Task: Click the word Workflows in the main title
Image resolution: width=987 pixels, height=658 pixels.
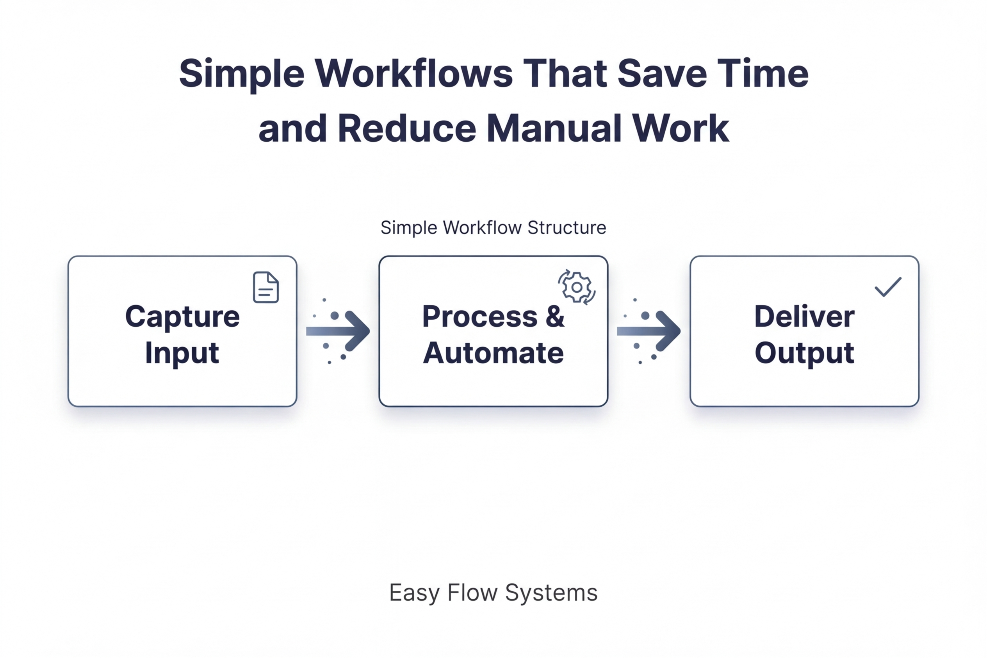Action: [x=413, y=73]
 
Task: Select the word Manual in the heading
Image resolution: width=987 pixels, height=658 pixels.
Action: [x=554, y=128]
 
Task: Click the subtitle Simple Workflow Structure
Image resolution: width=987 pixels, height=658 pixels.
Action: [x=493, y=228]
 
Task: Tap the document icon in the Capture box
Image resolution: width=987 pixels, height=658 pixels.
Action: [x=266, y=288]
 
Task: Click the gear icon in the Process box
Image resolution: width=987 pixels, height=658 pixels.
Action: [x=577, y=287]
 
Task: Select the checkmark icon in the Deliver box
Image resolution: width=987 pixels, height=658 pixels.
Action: [x=887, y=287]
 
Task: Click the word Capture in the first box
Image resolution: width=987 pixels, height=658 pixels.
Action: [x=182, y=317]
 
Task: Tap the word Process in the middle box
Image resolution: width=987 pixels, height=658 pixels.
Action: [x=479, y=317]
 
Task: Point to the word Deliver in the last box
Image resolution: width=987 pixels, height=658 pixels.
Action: [x=804, y=317]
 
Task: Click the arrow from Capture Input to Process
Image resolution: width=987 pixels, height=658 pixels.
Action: [x=339, y=331]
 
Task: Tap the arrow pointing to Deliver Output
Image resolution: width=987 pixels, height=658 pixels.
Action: [x=649, y=331]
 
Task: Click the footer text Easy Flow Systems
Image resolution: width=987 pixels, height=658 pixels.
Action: [x=493, y=592]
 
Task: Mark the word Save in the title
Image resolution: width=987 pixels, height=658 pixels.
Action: [x=662, y=73]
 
